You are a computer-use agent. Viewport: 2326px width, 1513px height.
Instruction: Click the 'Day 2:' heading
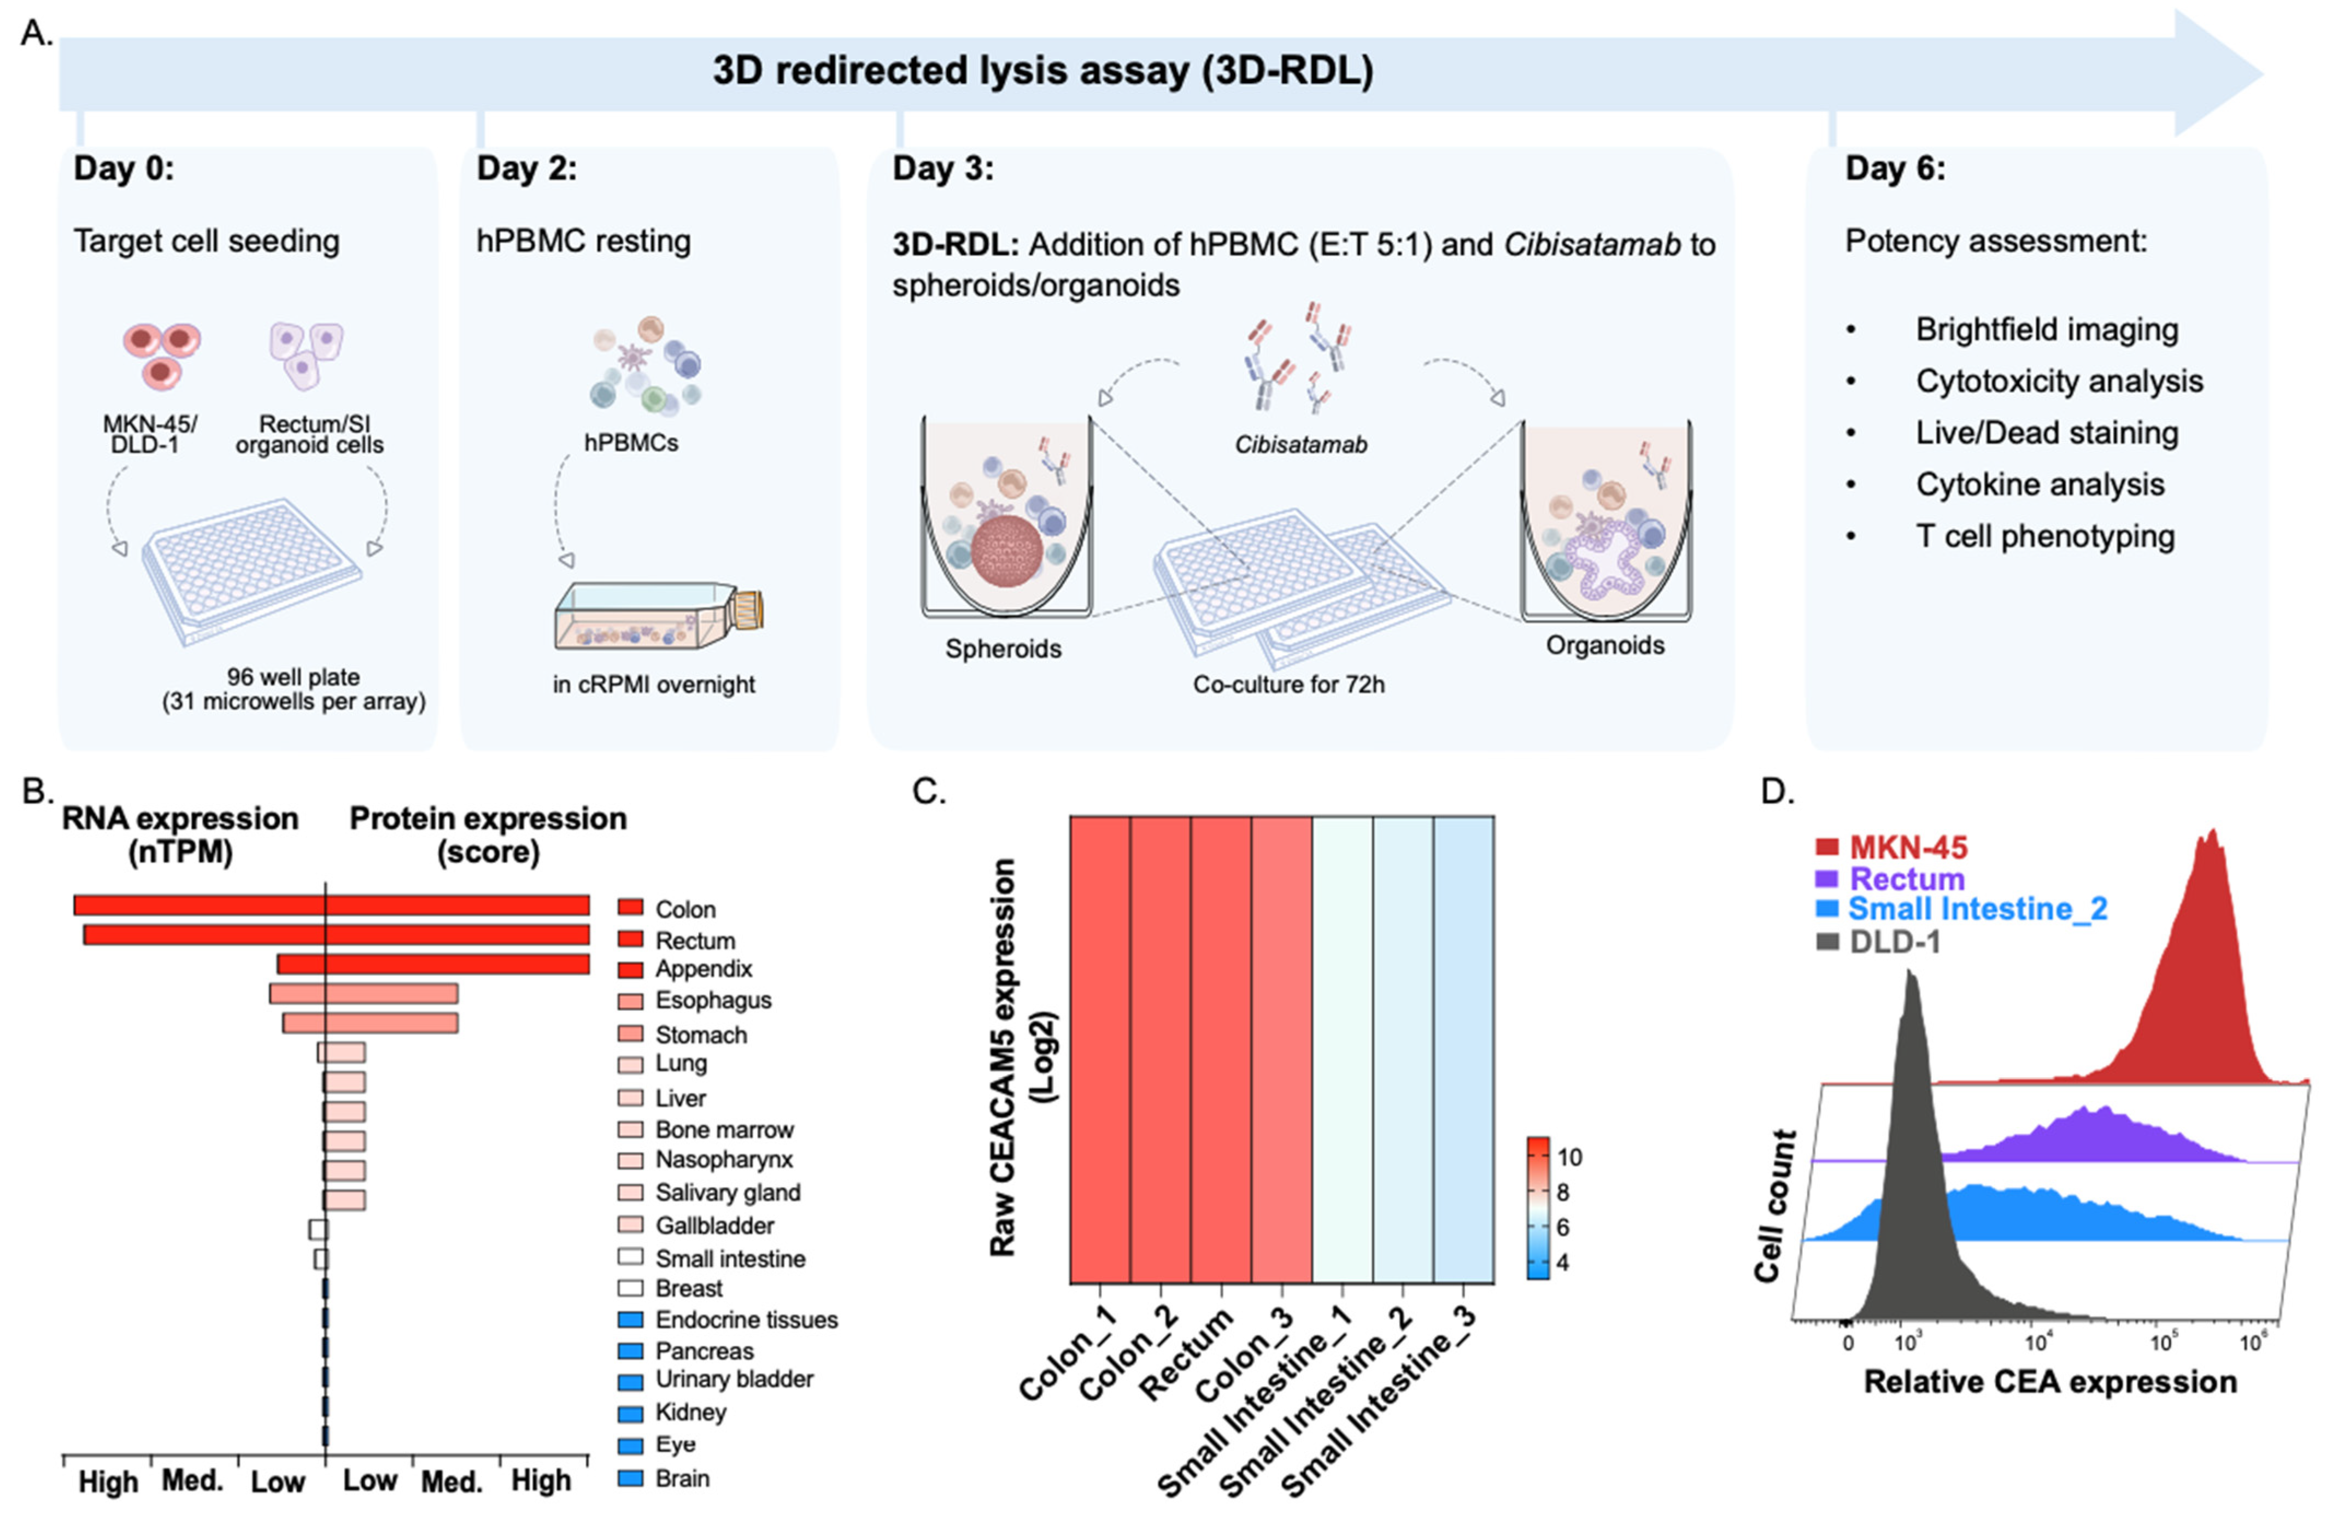(526, 169)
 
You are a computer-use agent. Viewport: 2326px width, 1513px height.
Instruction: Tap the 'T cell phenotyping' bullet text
(2044, 536)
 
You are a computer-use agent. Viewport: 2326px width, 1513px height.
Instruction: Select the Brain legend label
(682, 1478)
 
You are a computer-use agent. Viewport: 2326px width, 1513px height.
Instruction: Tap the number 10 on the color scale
(1569, 1157)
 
